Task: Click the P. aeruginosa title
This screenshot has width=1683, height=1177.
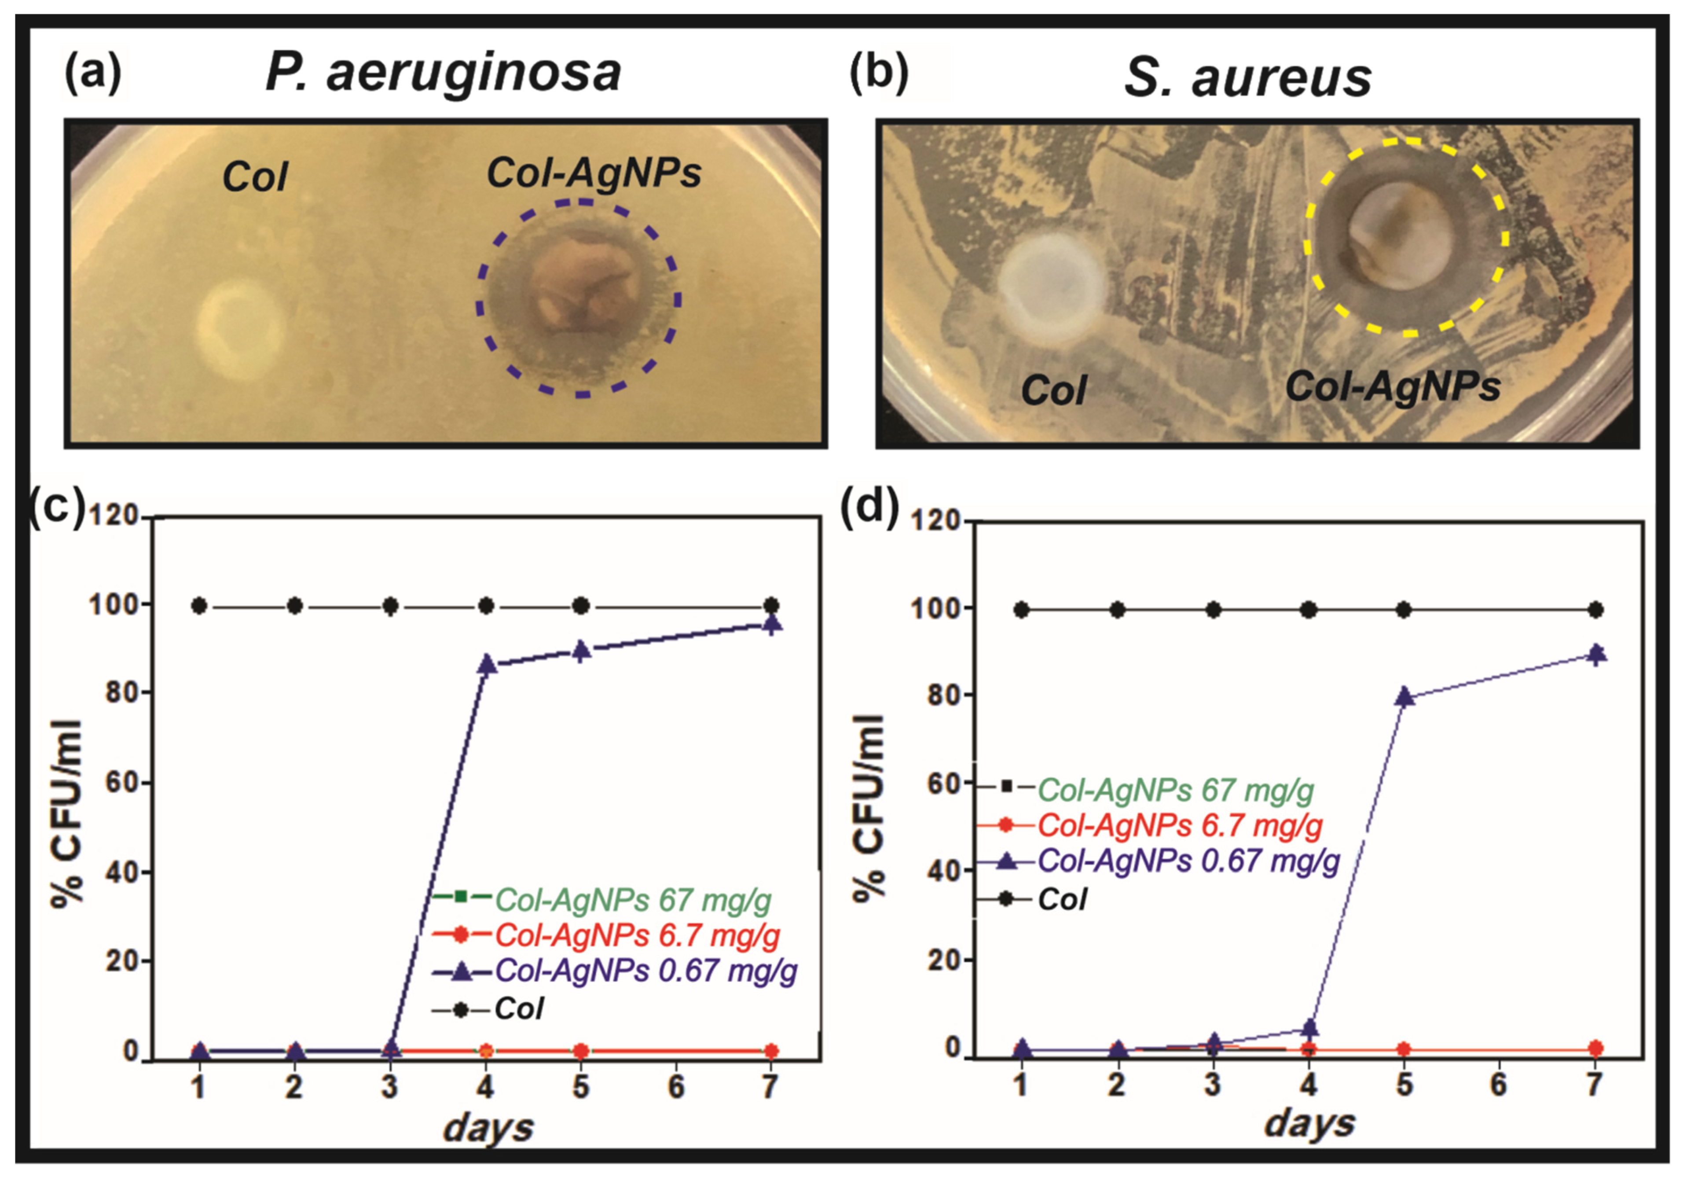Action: click(444, 74)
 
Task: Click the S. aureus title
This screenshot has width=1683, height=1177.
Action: click(1247, 78)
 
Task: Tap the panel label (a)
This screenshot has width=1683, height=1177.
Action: click(93, 74)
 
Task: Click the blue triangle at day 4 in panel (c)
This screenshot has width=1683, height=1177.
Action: click(487, 664)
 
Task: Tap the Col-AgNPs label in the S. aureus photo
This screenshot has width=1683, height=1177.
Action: click(1393, 386)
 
